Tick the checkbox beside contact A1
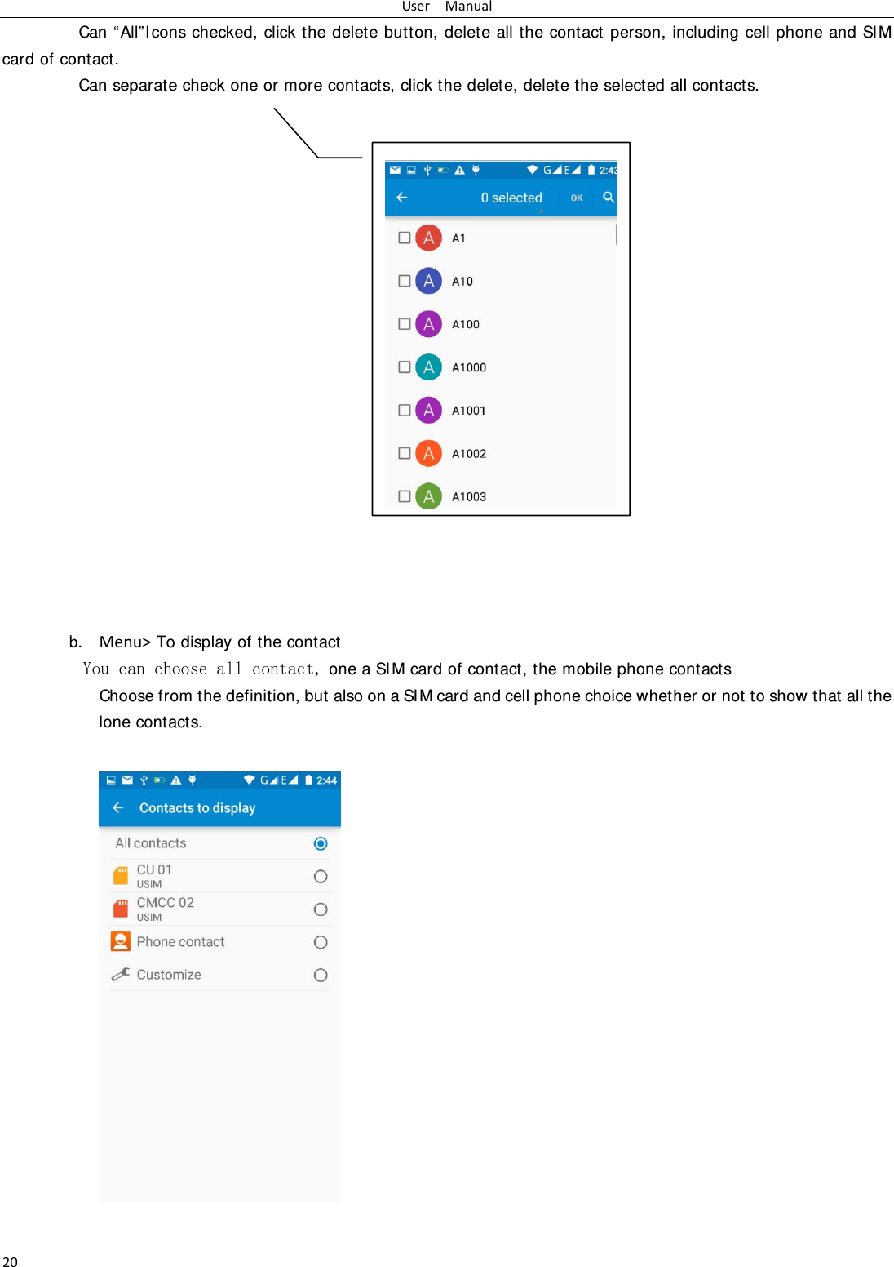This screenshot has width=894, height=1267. tap(404, 238)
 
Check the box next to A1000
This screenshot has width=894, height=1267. tap(404, 367)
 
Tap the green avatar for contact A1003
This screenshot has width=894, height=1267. tap(428, 496)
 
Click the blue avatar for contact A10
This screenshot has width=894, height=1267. tap(428, 281)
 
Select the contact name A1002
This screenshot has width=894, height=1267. tap(469, 454)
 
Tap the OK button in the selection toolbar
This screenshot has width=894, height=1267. tap(577, 198)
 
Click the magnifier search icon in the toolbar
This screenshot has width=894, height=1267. tap(609, 197)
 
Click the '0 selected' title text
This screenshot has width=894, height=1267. tap(511, 198)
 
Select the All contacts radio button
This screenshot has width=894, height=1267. tap(321, 843)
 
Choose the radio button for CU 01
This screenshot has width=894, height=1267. tap(321, 877)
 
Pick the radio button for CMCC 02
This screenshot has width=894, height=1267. tap(321, 909)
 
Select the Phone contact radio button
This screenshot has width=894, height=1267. tap(321, 942)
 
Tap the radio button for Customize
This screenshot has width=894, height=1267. tap(321, 975)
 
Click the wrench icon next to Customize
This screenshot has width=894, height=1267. tap(121, 974)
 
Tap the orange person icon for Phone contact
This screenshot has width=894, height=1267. tap(121, 941)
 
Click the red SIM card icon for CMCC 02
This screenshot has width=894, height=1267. tap(121, 908)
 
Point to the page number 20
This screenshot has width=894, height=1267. tap(10, 1261)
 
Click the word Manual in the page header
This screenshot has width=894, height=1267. tap(468, 7)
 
